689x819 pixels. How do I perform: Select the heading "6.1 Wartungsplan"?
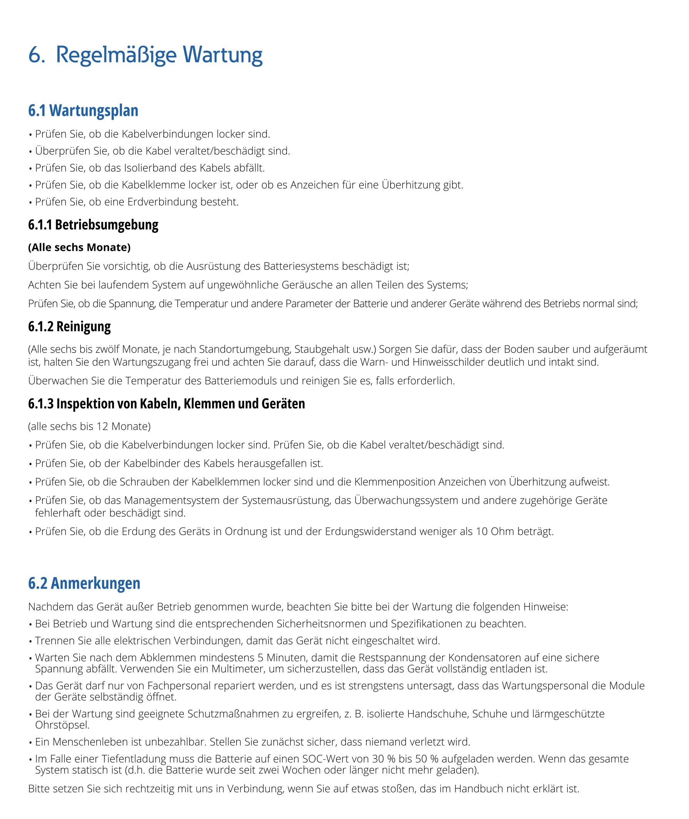pos(83,110)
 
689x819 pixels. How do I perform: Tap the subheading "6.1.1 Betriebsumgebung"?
pos(93,225)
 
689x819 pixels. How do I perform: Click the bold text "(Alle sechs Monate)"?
pos(79,247)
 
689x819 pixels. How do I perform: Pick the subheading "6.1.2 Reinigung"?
pos(70,326)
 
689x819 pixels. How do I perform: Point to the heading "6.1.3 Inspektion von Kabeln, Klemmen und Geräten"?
pos(166,404)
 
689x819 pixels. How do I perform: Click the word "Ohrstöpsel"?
pos(62,725)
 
